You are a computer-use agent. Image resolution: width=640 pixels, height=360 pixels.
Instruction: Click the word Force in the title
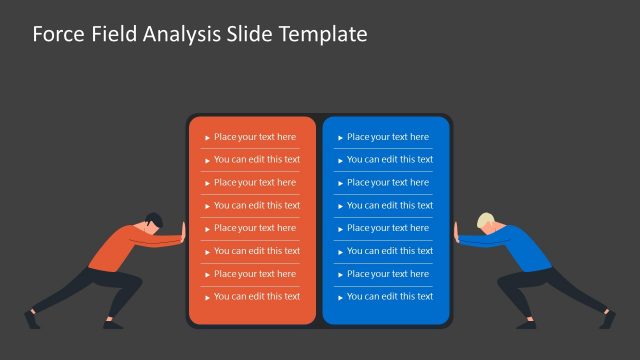(x=56, y=35)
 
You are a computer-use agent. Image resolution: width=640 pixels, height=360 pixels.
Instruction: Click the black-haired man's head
(x=151, y=222)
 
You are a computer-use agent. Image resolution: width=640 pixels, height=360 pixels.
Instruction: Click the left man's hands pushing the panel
(x=183, y=237)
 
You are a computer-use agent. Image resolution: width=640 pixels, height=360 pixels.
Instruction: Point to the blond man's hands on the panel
(x=457, y=237)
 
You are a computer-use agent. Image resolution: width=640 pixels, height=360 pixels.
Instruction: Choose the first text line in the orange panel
(x=254, y=137)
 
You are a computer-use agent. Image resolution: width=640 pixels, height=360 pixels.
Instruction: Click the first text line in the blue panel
(x=387, y=137)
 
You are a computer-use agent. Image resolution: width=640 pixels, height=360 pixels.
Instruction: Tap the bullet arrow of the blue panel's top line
(x=340, y=138)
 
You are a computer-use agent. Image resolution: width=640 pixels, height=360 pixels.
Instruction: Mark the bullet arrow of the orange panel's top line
(x=207, y=138)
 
